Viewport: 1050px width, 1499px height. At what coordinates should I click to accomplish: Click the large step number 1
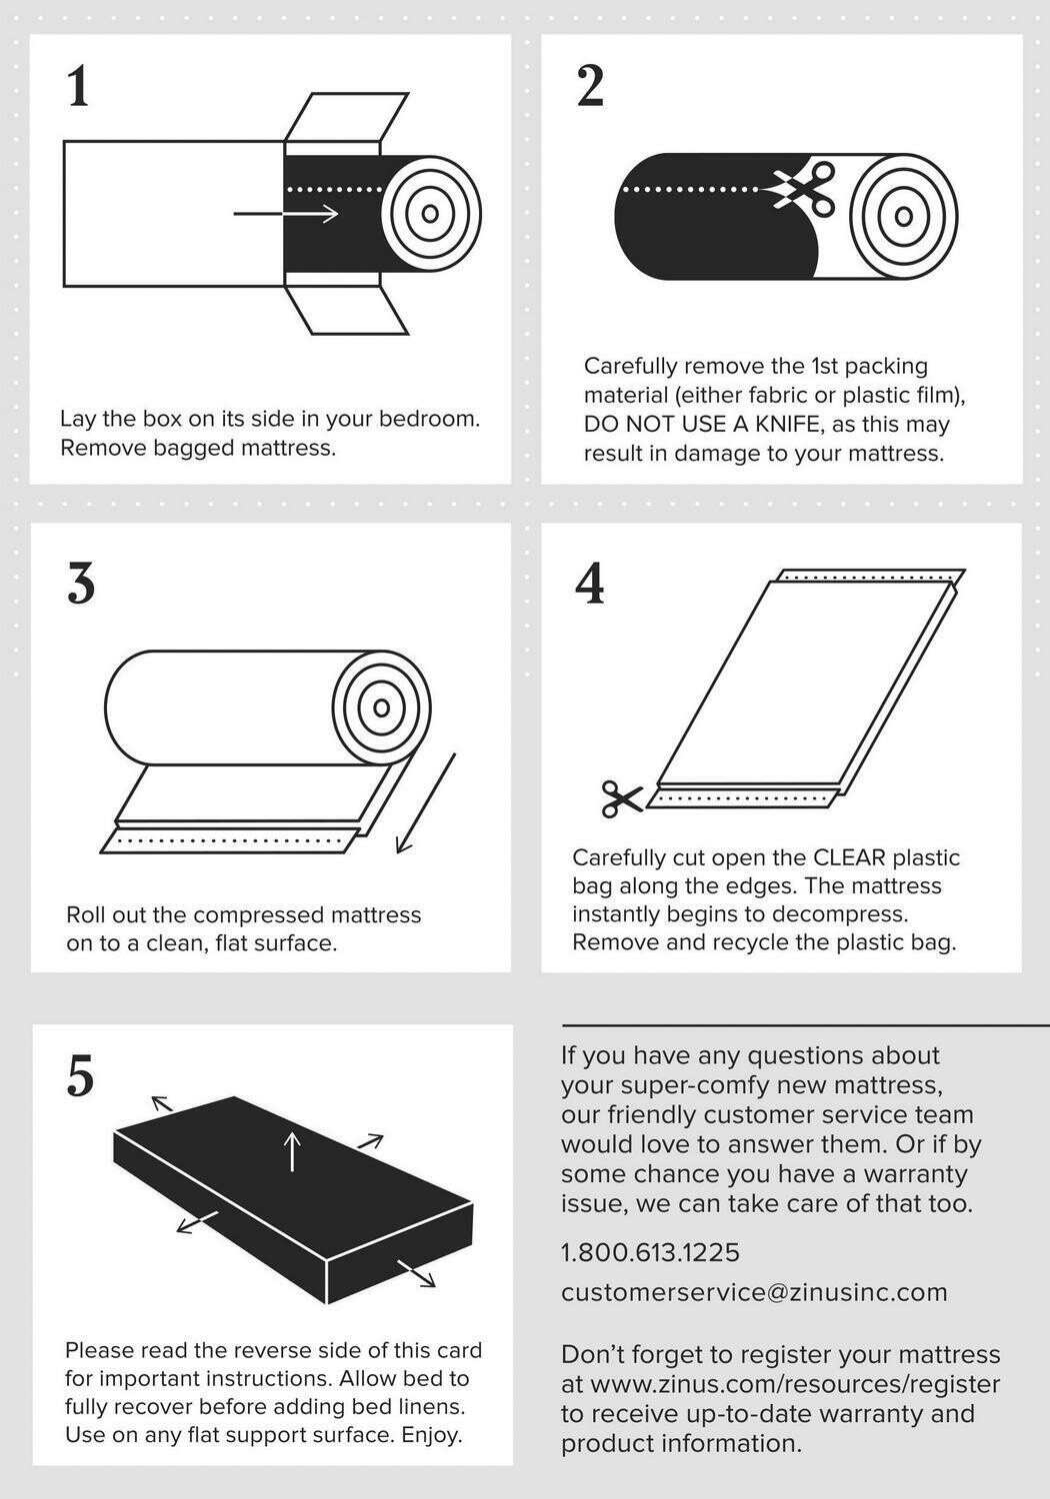(x=79, y=86)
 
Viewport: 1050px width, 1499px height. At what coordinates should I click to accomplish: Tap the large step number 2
(x=590, y=86)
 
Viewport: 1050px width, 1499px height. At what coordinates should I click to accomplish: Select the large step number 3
(x=81, y=583)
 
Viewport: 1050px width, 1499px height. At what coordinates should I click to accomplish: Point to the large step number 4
(x=590, y=583)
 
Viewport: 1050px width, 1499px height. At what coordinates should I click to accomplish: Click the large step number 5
(x=80, y=1076)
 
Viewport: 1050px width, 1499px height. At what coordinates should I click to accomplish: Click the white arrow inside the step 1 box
(x=286, y=214)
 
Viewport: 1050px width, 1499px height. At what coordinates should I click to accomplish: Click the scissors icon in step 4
(x=622, y=799)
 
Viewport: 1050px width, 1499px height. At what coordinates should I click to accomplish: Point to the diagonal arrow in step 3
(x=427, y=803)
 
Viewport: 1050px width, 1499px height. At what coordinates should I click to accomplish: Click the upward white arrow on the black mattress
(x=292, y=1150)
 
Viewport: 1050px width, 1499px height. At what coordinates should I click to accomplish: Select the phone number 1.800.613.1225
(x=650, y=1252)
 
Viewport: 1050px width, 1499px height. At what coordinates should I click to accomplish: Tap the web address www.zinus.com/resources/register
(x=795, y=1384)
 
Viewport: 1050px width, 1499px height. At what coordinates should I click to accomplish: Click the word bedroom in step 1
(x=430, y=419)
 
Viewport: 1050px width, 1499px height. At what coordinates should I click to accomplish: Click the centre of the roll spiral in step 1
(x=430, y=214)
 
